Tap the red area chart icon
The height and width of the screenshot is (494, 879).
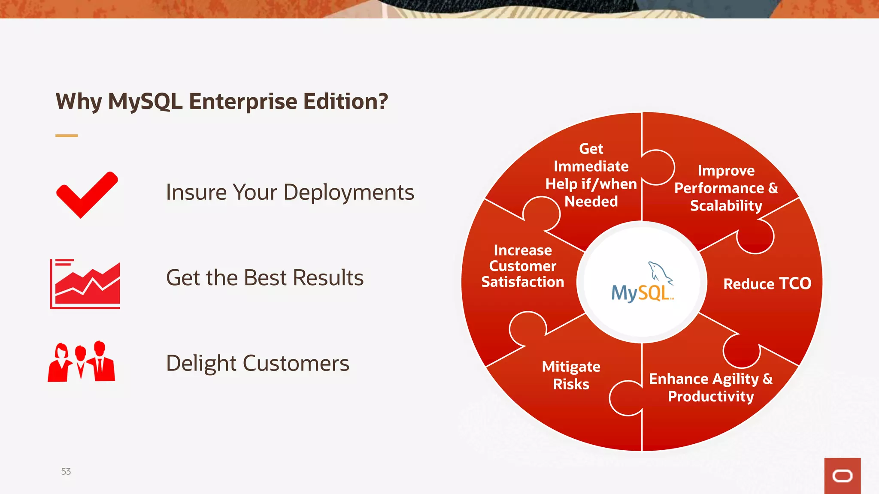(85, 284)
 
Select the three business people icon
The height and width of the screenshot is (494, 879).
(82, 362)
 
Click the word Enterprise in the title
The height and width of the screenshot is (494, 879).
(243, 102)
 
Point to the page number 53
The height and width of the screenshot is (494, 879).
(66, 471)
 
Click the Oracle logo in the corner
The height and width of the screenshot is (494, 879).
(842, 476)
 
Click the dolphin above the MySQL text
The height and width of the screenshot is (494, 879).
(659, 272)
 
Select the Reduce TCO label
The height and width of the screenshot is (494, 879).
(767, 284)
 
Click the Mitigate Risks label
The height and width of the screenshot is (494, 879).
(571, 375)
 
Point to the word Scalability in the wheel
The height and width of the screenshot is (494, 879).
(726, 206)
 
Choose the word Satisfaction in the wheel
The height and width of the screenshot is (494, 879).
(522, 282)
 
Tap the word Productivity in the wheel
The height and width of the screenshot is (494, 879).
(711, 396)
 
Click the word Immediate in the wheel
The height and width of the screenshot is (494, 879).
(591, 166)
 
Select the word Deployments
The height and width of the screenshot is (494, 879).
(349, 193)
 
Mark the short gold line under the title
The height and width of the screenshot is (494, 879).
(67, 136)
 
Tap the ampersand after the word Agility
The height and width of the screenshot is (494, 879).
(767, 379)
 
